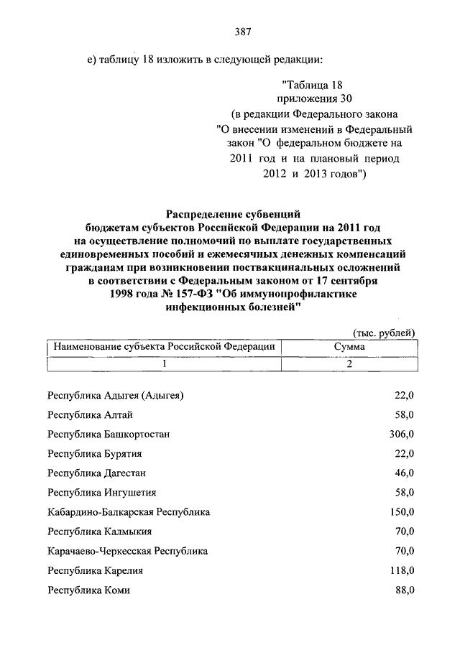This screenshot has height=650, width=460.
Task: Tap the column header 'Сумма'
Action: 349,346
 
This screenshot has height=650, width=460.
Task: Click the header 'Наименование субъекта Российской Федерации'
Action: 165,346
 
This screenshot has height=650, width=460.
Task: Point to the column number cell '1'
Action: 165,364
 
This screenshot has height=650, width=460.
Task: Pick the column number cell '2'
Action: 349,364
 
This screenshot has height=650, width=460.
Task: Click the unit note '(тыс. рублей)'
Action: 384,332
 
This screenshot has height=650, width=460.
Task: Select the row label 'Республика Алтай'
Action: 90,414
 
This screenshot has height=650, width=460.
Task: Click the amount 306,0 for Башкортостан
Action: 401,434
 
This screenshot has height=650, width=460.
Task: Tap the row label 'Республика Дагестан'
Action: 97,473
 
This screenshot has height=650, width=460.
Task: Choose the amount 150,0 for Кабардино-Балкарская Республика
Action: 401,512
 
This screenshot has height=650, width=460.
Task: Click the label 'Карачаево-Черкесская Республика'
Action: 127,551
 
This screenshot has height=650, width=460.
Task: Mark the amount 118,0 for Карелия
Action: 401,570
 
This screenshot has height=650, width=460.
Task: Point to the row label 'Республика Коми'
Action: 88,590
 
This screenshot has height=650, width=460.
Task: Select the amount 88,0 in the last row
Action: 404,590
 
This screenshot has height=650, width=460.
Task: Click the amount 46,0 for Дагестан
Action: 404,473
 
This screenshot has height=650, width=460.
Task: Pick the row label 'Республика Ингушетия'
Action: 101,493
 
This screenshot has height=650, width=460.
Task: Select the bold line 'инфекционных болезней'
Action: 231,307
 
